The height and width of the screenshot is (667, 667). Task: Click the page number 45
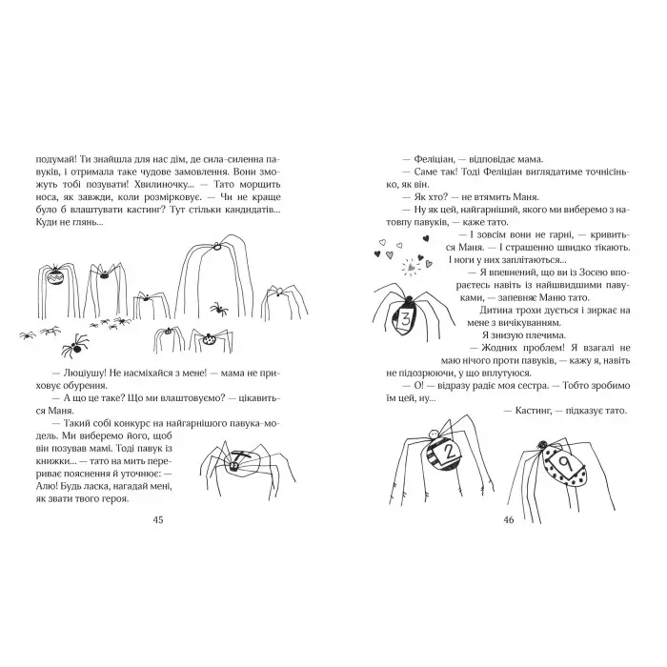pyautogui.click(x=158, y=520)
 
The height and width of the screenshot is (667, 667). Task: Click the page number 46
pyautogui.click(x=507, y=520)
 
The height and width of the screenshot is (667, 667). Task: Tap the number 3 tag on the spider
pyautogui.click(x=406, y=319)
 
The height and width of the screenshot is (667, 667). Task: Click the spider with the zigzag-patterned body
pyautogui.click(x=59, y=280)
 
